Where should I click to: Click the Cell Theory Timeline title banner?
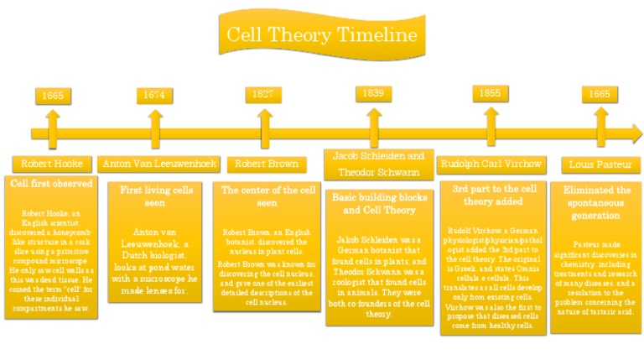click(321, 34)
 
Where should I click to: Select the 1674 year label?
click(154, 95)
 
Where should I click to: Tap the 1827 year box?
click(262, 94)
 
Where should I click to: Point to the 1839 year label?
click(372, 93)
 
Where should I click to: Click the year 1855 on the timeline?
click(490, 93)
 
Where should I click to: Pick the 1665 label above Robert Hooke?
click(53, 95)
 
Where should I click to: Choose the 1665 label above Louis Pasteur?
click(599, 94)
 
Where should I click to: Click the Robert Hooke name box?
click(52, 164)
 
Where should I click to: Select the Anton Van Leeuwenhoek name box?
click(159, 164)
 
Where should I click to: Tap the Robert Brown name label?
click(266, 164)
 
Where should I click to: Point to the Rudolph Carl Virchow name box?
click(491, 164)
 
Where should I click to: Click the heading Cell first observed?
click(52, 182)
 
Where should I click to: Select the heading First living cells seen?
click(156, 196)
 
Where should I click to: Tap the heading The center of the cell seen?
click(267, 196)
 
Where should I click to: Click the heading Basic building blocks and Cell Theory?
click(379, 203)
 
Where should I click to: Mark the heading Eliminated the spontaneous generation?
click(597, 202)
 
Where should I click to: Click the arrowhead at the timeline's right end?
click(634, 133)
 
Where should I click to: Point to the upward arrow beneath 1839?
click(373, 116)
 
